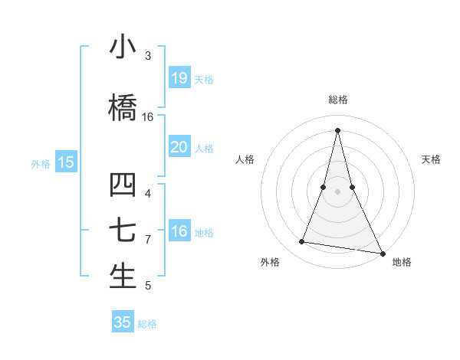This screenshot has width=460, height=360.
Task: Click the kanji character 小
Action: click(x=123, y=47)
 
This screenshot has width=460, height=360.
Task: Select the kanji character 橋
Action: click(x=123, y=108)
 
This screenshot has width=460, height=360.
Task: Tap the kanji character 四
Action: click(x=123, y=185)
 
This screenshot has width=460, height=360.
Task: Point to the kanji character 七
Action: click(x=123, y=231)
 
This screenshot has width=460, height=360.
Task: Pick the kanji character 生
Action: click(x=123, y=276)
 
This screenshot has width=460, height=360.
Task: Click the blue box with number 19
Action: click(x=179, y=78)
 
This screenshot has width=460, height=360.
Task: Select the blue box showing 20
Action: click(x=179, y=147)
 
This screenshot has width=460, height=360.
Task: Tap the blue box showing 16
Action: click(x=179, y=231)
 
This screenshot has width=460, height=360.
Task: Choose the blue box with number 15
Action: click(x=66, y=162)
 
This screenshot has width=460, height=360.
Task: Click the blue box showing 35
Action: click(x=123, y=322)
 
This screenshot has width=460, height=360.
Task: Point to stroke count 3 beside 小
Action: click(x=148, y=56)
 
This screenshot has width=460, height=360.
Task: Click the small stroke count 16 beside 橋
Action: click(x=148, y=117)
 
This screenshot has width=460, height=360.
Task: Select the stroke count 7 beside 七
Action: click(x=148, y=240)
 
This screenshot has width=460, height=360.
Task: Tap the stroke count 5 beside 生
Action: click(x=148, y=286)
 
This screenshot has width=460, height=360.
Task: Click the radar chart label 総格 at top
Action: click(x=338, y=100)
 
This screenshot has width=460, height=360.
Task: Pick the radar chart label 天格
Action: click(x=431, y=159)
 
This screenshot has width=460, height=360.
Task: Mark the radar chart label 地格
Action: click(x=402, y=263)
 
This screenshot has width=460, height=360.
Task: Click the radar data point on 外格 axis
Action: click(x=302, y=242)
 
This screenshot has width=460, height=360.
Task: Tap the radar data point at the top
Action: click(x=338, y=129)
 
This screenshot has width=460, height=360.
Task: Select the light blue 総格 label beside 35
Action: click(x=147, y=324)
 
